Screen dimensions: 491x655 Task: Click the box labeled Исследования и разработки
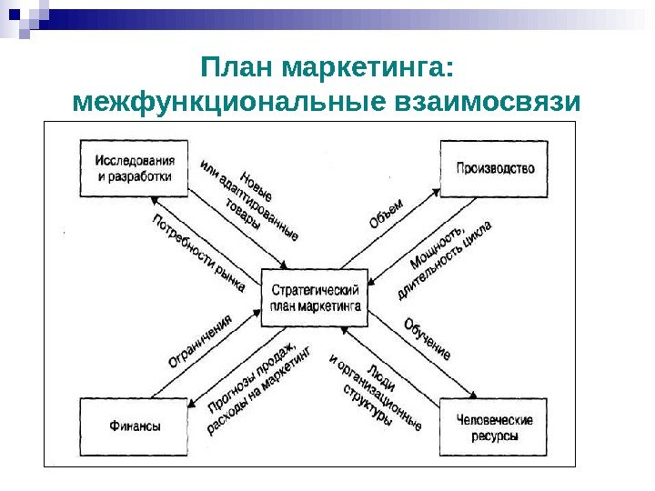(x=133, y=168)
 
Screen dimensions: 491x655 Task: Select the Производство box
(x=495, y=168)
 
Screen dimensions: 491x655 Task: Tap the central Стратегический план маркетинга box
(x=315, y=298)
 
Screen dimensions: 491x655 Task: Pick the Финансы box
(x=135, y=426)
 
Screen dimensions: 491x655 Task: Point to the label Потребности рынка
(x=198, y=253)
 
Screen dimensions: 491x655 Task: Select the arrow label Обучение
(x=427, y=336)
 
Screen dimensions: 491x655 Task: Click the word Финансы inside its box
(x=135, y=426)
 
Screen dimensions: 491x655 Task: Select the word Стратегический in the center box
(x=315, y=289)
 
